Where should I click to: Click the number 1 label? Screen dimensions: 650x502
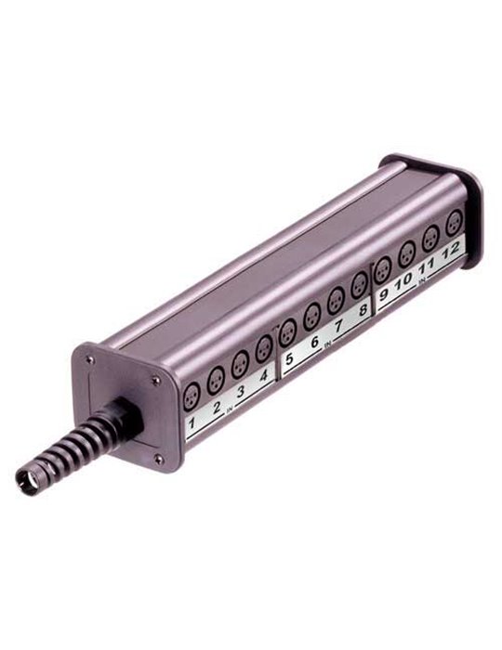(192, 426)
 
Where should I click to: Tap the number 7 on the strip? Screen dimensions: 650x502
(338, 327)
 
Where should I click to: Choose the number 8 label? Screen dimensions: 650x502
(362, 311)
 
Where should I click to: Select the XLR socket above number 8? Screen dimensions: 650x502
(360, 283)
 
